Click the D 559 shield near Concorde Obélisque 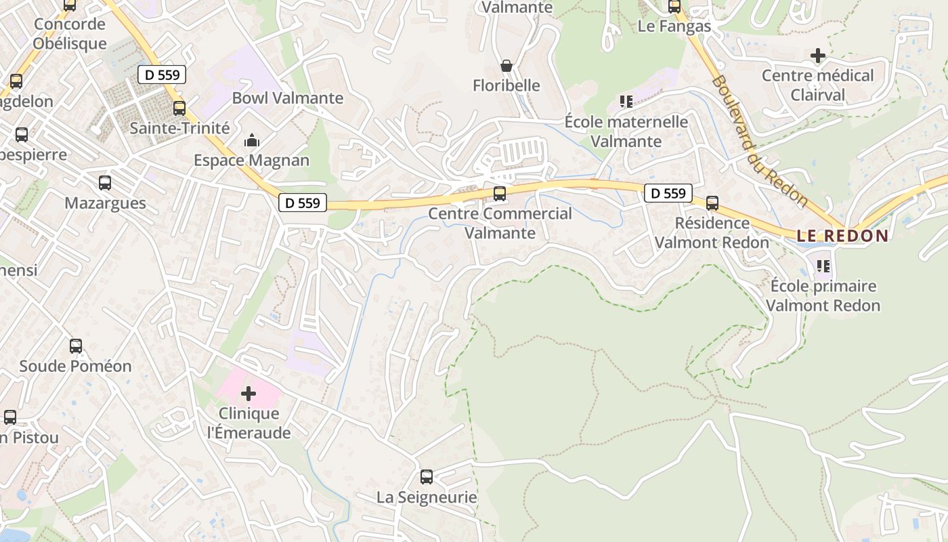[x=162, y=75]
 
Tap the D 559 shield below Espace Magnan [x=303, y=203]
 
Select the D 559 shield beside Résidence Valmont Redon [x=668, y=193]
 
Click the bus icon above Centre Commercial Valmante [x=500, y=194]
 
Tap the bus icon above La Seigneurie [x=426, y=477]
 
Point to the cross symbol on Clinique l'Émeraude [x=249, y=393]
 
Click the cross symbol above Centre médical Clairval [x=818, y=55]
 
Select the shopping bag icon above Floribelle [x=506, y=66]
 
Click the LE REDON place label [x=842, y=236]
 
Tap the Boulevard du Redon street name [x=759, y=141]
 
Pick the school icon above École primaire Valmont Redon [x=823, y=266]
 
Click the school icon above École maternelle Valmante [x=626, y=102]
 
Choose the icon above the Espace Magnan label [x=252, y=141]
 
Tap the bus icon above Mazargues [x=105, y=183]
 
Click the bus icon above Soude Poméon [x=76, y=346]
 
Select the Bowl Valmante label [x=288, y=98]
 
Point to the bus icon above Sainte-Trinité [x=179, y=108]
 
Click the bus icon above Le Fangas [x=674, y=7]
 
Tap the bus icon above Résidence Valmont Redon [x=712, y=203]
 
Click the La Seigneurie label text [x=427, y=497]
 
